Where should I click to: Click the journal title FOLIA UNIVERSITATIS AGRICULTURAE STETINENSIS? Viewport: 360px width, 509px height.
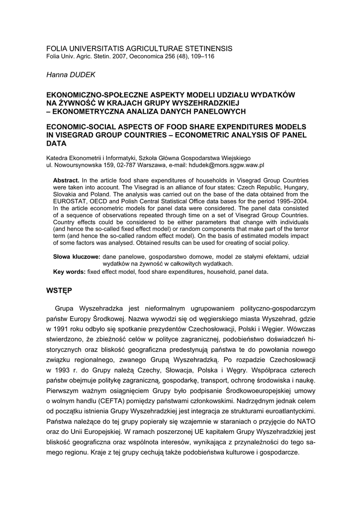[x=139, y=48]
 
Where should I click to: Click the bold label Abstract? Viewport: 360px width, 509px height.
[x=66, y=180]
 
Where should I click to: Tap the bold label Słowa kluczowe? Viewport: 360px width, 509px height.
[x=77, y=256]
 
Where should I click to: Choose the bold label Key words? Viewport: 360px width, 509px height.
[x=69, y=272]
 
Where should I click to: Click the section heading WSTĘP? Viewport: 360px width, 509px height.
[x=59, y=290]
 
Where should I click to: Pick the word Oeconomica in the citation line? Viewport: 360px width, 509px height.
[x=147, y=57]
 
